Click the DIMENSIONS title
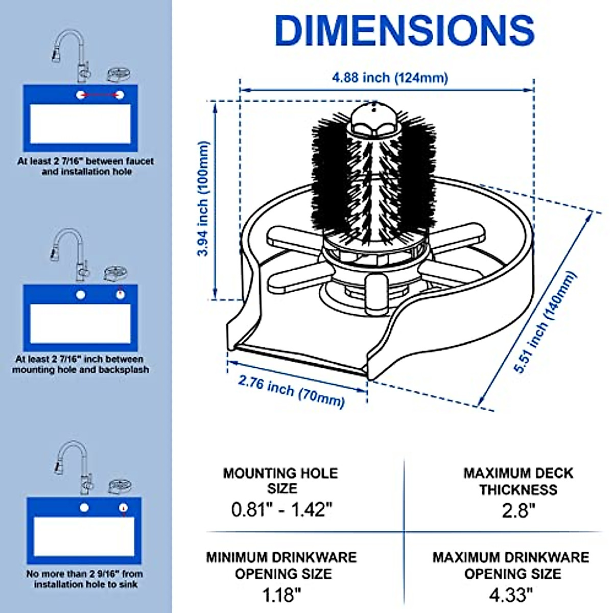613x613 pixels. [404, 30]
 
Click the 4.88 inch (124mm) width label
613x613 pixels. [390, 77]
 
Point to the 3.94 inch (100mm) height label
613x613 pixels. [203, 199]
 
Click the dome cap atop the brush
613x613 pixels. [374, 116]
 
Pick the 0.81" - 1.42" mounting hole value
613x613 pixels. [281, 509]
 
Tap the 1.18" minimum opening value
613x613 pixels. [281, 595]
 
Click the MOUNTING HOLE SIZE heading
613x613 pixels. [280, 481]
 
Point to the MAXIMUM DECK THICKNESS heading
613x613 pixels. [518, 481]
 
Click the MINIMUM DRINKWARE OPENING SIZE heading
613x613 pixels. [281, 565]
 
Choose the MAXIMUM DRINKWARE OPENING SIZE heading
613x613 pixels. [511, 565]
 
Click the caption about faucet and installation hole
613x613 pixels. [86, 167]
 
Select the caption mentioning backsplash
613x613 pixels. [81, 364]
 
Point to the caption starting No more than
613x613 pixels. [85, 579]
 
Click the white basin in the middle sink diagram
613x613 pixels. [81, 324]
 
